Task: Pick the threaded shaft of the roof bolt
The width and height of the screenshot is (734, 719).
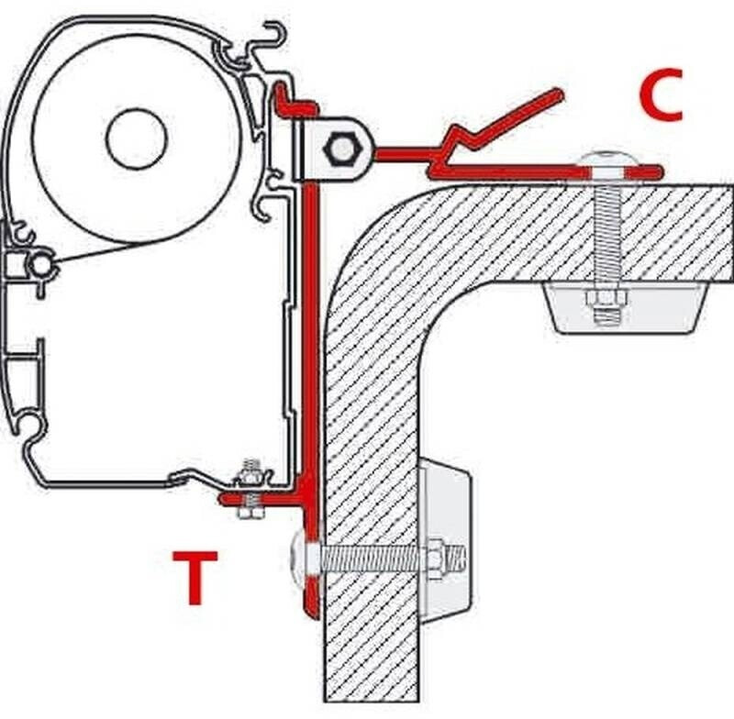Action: pyautogui.click(x=606, y=234)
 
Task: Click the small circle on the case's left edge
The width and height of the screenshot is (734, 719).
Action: pyautogui.click(x=41, y=266)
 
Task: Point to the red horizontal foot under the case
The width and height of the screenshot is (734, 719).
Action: pyautogui.click(x=261, y=498)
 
